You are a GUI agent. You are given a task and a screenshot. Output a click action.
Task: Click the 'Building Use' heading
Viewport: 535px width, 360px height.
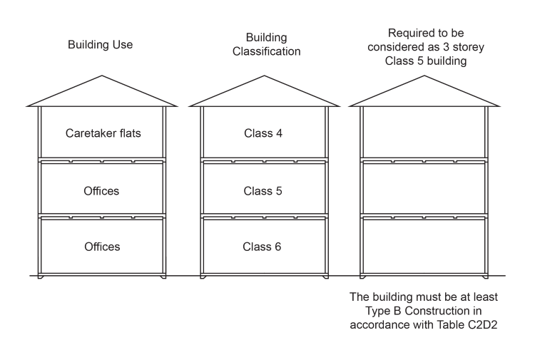[x=101, y=45]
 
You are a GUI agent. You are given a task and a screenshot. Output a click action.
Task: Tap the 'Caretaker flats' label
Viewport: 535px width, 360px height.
[x=103, y=133]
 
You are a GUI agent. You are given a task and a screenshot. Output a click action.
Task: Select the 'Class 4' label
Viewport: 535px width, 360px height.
[x=263, y=133]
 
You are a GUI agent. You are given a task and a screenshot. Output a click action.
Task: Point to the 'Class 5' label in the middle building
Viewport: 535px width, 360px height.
[x=263, y=191]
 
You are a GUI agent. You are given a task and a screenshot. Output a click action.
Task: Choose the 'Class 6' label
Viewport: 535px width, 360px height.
[x=263, y=247]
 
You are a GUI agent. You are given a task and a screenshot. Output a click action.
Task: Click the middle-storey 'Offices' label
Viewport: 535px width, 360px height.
[x=102, y=191]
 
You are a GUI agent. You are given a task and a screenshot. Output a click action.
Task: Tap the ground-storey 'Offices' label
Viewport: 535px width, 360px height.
[x=102, y=247]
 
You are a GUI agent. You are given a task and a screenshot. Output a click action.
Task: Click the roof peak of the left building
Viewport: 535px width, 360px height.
[x=102, y=76]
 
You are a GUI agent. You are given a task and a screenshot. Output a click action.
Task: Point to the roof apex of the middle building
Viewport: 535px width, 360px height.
[x=263, y=76]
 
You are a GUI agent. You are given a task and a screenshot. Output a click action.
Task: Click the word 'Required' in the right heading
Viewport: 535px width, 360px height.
[x=409, y=32]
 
